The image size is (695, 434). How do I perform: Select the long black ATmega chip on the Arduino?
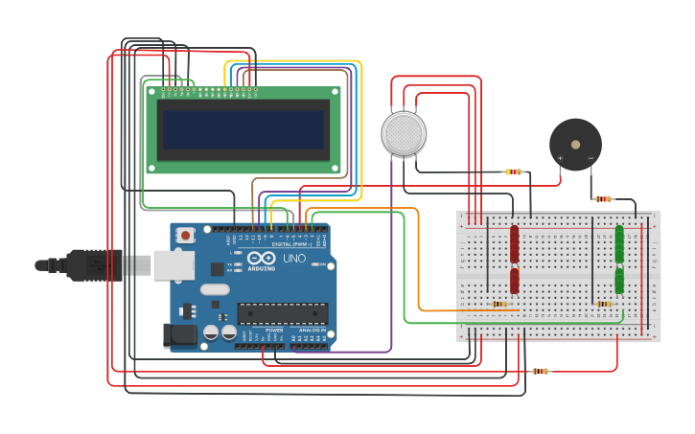click(x=282, y=313)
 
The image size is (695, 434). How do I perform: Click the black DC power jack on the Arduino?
click(x=178, y=335)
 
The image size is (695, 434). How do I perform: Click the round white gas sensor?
click(x=404, y=133)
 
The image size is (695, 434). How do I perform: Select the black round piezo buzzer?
click(x=575, y=145)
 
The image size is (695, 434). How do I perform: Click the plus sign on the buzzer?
click(x=560, y=158)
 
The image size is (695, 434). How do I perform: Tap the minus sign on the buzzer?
click(x=591, y=158)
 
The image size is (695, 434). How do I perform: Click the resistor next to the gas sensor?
click(x=515, y=172)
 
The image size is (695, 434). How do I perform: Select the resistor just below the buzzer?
click(x=603, y=199)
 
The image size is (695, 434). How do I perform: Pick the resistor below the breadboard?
click(x=541, y=371)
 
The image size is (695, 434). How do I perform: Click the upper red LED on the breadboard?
click(x=515, y=243)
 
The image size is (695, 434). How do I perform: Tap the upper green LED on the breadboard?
click(x=619, y=243)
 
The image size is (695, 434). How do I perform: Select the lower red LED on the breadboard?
click(x=515, y=281)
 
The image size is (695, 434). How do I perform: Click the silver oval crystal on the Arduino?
click(x=216, y=289)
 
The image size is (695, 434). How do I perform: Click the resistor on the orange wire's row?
click(x=499, y=305)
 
